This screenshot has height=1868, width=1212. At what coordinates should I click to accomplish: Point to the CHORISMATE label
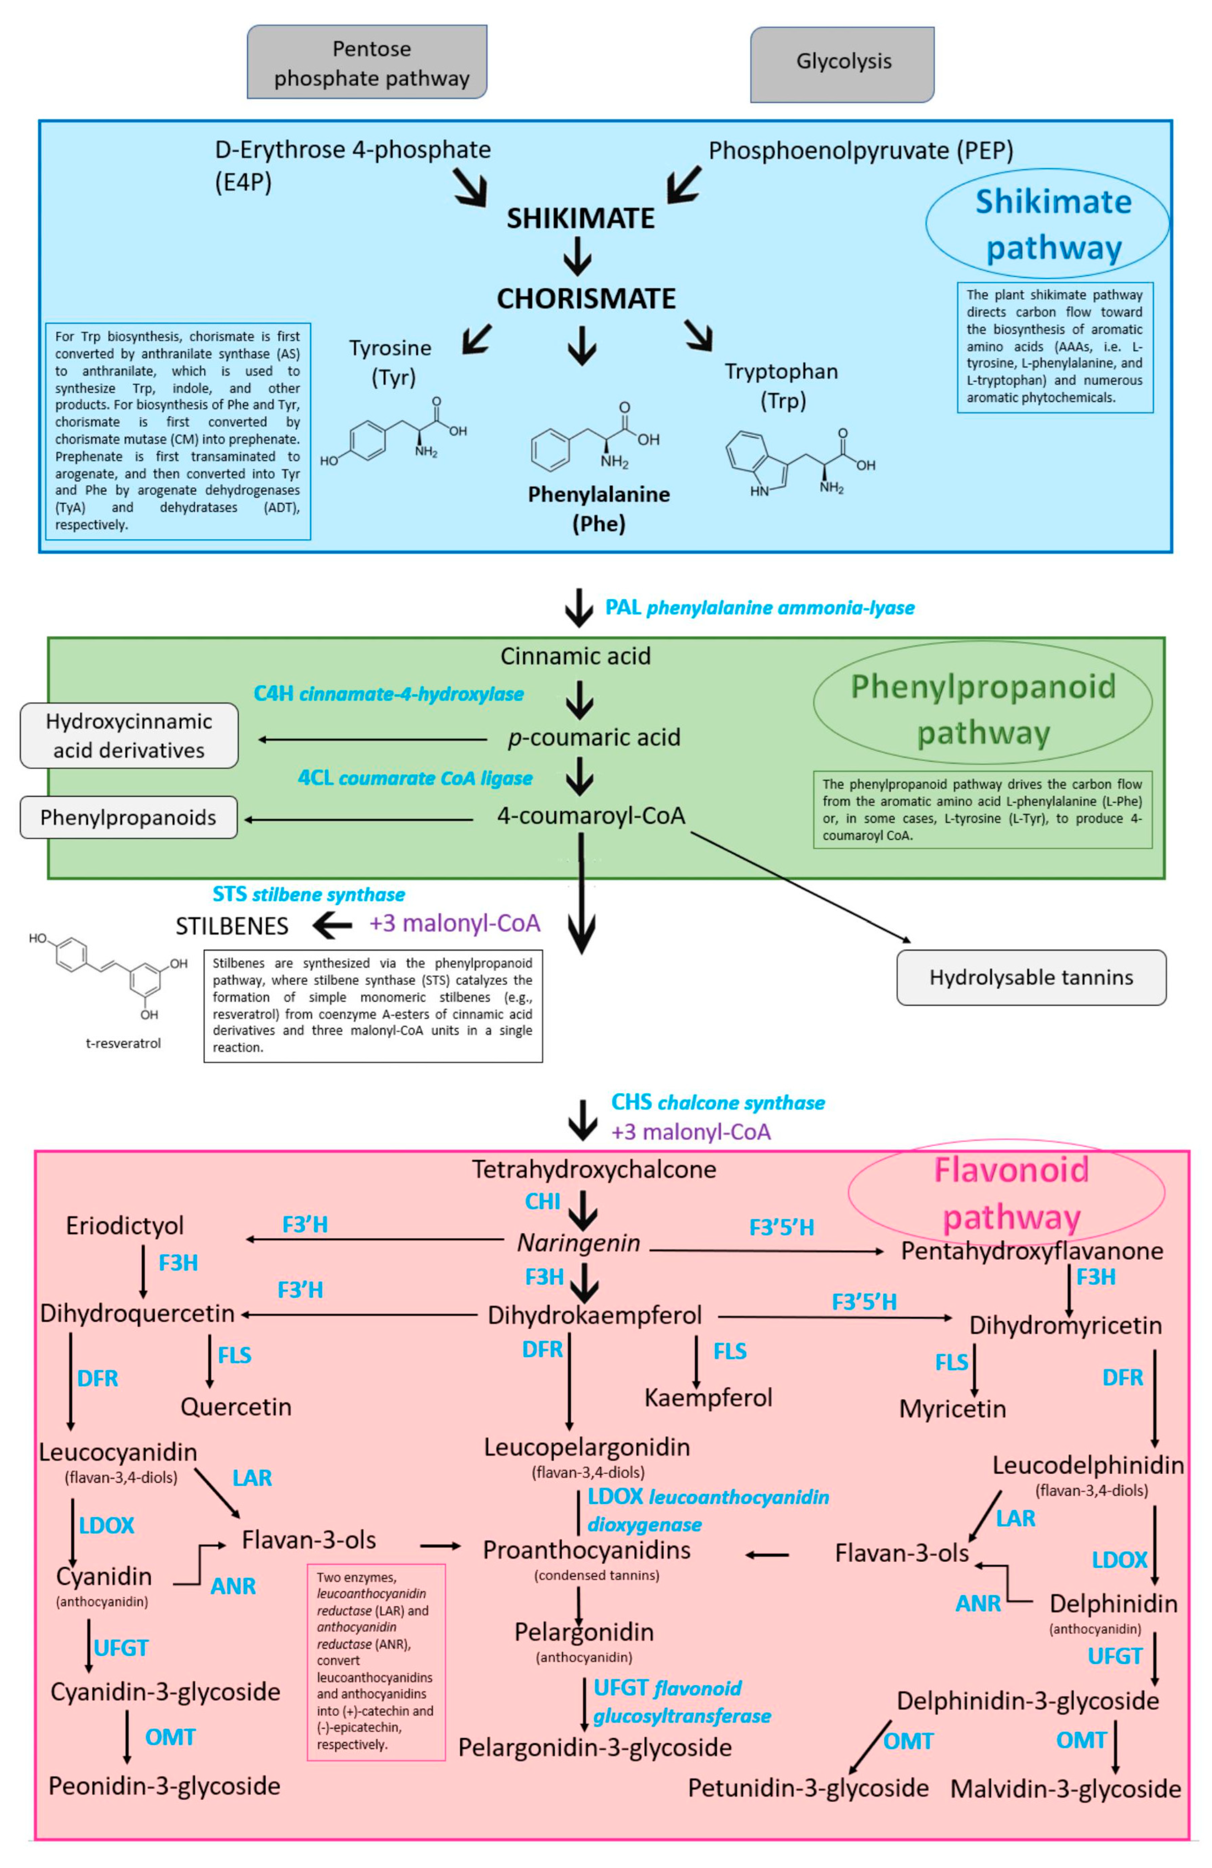tap(585, 298)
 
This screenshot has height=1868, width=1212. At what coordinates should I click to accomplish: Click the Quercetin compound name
tap(235, 1406)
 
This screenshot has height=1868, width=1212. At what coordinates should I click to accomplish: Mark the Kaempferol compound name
tap(708, 1397)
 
